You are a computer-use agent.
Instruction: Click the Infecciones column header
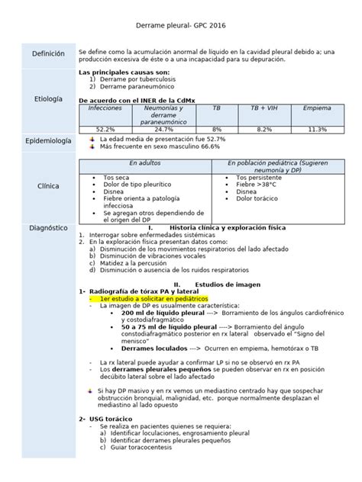coord(105,109)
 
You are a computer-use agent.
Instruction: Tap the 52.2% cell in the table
coord(105,130)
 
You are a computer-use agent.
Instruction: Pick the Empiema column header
coord(316,109)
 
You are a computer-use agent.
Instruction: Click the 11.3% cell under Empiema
coord(316,130)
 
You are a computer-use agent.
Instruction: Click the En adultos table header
coord(143,164)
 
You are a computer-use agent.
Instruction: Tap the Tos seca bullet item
coord(115,178)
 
